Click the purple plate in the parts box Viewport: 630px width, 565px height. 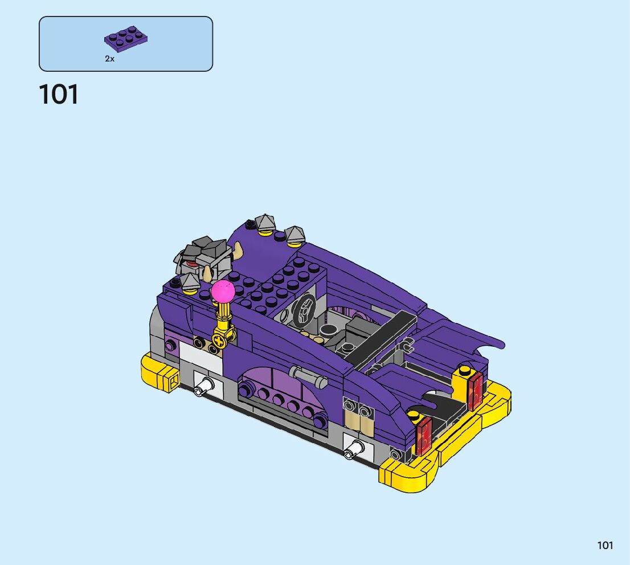pos(126,39)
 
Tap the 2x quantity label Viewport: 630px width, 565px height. pos(110,59)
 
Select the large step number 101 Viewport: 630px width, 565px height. pos(59,95)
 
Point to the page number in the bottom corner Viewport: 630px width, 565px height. pos(605,545)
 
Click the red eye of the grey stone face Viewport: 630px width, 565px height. pos(191,264)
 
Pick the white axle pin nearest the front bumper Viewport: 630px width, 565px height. pos(203,386)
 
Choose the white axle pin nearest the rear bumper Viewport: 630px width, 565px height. pos(354,449)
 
